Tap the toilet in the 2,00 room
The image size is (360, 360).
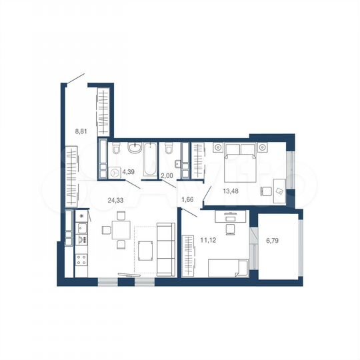click(170, 148)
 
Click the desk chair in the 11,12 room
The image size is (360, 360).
click(230, 229)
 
